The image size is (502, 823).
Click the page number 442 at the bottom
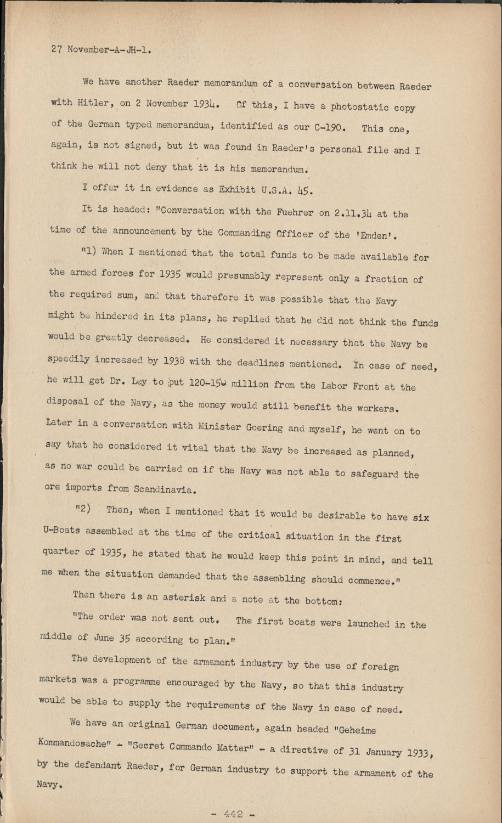pos(233,814)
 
